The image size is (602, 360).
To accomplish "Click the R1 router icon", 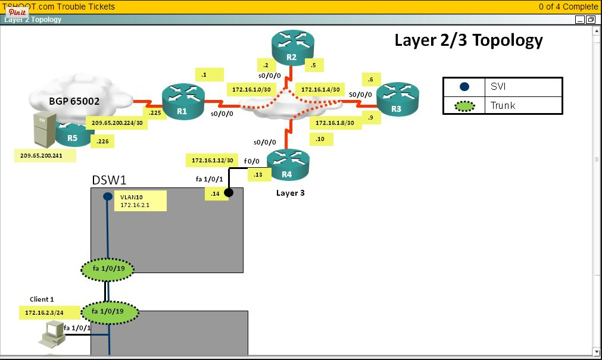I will point(183,102).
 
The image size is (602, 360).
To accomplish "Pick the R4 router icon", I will point(288,164).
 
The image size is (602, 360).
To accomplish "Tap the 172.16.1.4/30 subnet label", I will point(320,89).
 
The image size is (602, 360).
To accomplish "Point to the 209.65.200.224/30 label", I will point(117,123).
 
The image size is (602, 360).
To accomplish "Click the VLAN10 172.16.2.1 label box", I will point(141,201).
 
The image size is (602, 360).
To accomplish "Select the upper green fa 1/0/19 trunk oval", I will point(108,270).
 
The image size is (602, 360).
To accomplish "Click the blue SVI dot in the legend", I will point(464,87).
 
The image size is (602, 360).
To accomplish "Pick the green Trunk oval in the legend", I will point(460,106).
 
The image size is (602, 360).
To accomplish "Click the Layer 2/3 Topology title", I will point(469,40).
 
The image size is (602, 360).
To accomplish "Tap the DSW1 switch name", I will point(109,180).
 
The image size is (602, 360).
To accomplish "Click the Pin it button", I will point(17,12).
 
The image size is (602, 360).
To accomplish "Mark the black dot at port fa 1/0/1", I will point(229,192).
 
